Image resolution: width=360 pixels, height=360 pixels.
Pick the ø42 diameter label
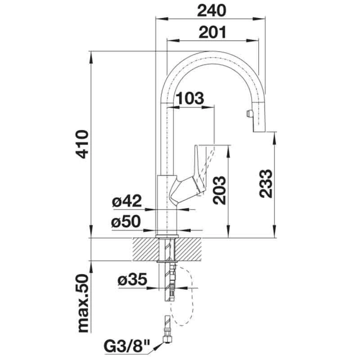pyautogui.click(x=127, y=201)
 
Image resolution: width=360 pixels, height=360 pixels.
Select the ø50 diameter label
pyautogui.click(x=127, y=222)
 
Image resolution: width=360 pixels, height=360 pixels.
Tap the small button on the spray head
pyautogui.click(x=247, y=115)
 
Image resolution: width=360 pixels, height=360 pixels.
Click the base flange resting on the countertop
pyautogui.click(x=167, y=236)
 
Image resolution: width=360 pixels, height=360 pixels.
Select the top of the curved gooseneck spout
pyautogui.click(x=211, y=53)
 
